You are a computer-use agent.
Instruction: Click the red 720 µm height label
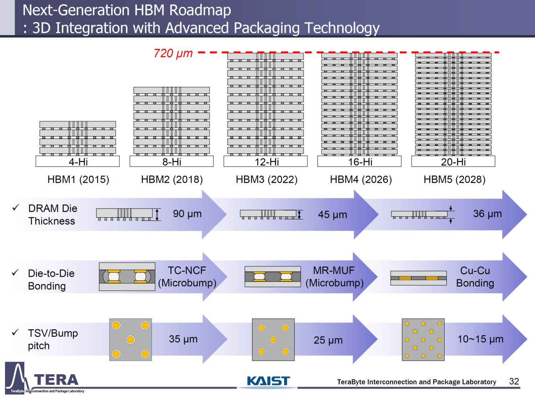(173, 53)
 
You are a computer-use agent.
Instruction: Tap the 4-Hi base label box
(78, 162)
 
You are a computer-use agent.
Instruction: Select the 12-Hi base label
(266, 162)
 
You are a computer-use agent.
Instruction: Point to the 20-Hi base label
(453, 162)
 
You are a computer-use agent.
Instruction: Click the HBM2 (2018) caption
(172, 179)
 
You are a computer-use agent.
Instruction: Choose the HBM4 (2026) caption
(361, 179)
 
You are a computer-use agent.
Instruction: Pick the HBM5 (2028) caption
(454, 179)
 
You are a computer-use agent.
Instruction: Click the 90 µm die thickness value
(187, 214)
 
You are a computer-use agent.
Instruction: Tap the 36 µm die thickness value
(487, 214)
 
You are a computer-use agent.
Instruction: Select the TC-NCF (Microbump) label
(187, 276)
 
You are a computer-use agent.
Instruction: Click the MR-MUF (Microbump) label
(334, 276)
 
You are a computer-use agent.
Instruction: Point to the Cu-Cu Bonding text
(475, 276)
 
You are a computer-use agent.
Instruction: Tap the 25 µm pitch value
(328, 340)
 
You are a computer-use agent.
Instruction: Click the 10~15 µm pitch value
(480, 339)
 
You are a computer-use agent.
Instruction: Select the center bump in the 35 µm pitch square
(131, 340)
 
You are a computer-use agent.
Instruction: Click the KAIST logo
(268, 381)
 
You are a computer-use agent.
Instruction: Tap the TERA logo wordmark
(56, 380)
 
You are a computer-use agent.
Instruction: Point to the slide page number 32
(514, 381)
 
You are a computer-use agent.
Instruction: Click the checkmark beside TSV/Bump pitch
(15, 333)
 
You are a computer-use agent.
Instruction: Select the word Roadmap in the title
(200, 10)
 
